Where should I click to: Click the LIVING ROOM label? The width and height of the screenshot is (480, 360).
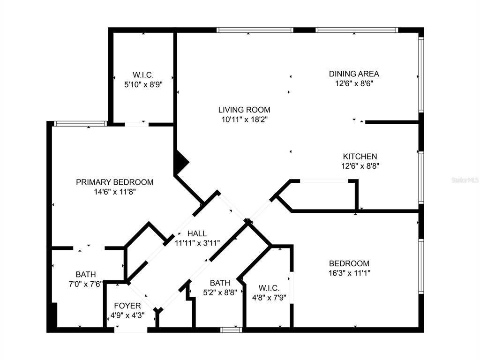(244, 110)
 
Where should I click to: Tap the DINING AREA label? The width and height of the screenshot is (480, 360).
(354, 74)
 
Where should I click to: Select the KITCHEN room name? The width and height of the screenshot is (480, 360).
(360, 157)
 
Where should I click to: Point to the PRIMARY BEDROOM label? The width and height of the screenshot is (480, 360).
(115, 182)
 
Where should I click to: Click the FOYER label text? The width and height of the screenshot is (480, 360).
(127, 306)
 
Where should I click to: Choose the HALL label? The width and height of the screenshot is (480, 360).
(197, 233)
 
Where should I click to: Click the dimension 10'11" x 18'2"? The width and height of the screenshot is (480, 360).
(245, 120)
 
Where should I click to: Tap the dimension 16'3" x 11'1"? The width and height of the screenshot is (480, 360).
(349, 273)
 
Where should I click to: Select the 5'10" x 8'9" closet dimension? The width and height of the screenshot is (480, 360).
(143, 84)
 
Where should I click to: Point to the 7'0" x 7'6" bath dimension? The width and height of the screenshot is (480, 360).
(86, 284)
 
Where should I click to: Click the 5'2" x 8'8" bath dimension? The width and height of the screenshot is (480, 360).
(220, 292)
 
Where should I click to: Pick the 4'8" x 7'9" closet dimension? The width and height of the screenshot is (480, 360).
(269, 298)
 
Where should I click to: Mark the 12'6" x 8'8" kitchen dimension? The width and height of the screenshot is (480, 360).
(360, 166)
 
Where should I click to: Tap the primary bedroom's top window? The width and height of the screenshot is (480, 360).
(81, 124)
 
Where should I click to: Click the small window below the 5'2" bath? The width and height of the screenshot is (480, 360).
(231, 330)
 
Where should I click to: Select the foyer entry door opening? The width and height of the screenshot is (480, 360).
(131, 330)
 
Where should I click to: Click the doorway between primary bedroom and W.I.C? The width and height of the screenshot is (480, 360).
(136, 124)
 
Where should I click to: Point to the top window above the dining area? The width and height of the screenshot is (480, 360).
(357, 30)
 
